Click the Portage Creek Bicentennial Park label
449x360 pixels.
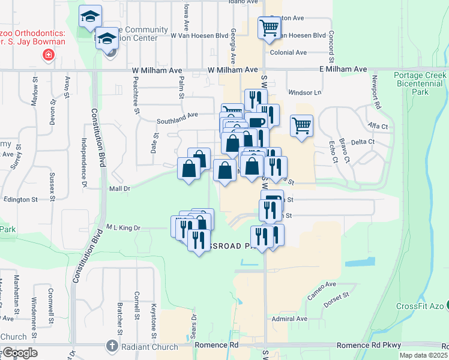(x=420, y=84)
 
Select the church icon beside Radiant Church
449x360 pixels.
(x=111, y=346)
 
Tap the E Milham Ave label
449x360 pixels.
(x=343, y=70)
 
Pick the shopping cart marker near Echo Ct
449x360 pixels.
(x=302, y=126)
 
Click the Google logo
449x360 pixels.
(x=19, y=353)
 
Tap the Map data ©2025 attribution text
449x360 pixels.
(x=424, y=356)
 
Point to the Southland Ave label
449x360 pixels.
(x=177, y=117)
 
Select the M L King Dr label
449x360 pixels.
(x=123, y=228)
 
